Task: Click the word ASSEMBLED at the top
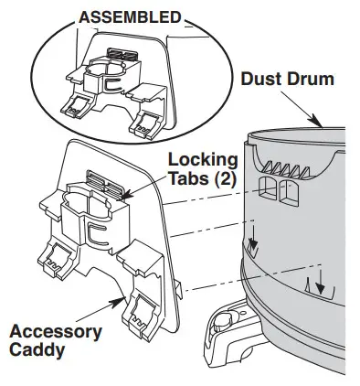click(131, 17)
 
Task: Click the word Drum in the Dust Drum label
click(310, 79)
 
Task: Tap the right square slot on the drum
click(290, 193)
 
